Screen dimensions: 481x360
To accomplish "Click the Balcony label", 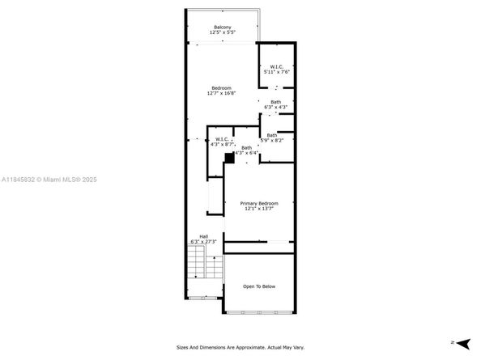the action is point(223,28).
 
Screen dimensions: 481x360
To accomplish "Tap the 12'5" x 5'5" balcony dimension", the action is point(223,32).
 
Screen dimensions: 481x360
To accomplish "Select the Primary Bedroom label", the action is point(259,203).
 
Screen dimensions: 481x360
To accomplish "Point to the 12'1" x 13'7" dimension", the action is point(259,209).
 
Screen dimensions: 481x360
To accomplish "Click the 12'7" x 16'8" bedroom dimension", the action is point(222,93).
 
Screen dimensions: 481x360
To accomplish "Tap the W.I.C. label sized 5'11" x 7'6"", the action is point(277,67).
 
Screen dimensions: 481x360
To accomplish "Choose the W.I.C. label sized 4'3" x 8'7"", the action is point(222,139).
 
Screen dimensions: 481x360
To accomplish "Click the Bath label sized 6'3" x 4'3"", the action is point(276,102).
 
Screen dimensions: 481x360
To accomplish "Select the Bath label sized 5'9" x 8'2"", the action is point(272,135).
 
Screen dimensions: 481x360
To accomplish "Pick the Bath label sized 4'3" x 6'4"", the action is point(246,148).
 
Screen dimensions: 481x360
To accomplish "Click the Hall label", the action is point(204,236).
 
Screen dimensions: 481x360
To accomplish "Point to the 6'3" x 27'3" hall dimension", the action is point(204,241).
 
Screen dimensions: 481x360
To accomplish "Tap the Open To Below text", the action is point(259,286).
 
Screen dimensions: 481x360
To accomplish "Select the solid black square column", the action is point(229,158).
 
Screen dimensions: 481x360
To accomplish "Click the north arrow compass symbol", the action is point(463,344).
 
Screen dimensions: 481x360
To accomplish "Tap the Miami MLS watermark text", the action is point(49,180).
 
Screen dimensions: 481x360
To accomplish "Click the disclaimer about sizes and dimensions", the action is point(240,347).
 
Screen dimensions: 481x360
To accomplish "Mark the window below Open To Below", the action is point(259,312).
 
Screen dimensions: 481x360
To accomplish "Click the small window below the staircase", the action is point(202,298).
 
